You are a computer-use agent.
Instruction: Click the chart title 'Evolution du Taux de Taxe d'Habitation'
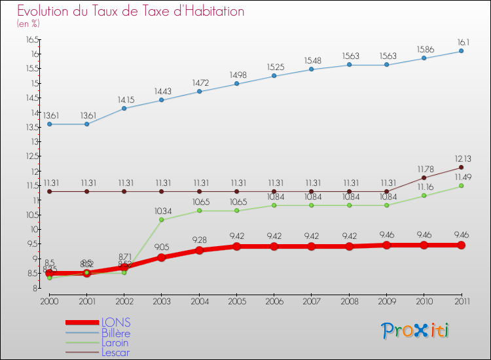(x=131, y=12)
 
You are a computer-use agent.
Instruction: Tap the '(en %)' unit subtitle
(x=28, y=24)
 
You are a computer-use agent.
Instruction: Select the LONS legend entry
(x=116, y=322)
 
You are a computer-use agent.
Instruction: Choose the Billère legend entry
(x=116, y=333)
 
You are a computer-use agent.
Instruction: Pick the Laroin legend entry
(x=115, y=342)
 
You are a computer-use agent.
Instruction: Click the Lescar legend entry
(x=115, y=352)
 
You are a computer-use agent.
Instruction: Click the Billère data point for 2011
(x=461, y=51)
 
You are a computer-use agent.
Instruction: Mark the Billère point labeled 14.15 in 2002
(x=124, y=108)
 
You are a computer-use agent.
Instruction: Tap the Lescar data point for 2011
(x=461, y=167)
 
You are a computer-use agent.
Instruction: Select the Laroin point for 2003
(x=161, y=219)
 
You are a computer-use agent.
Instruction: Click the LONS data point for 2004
(x=198, y=250)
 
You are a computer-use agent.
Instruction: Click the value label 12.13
(x=462, y=158)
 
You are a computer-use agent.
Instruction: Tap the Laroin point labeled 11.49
(x=461, y=186)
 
